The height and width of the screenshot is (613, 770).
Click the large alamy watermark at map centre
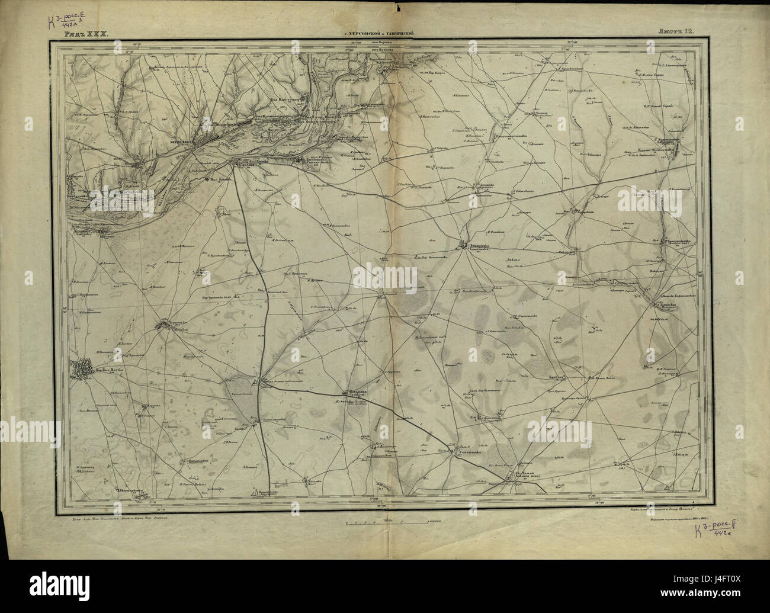[x=385, y=278]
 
